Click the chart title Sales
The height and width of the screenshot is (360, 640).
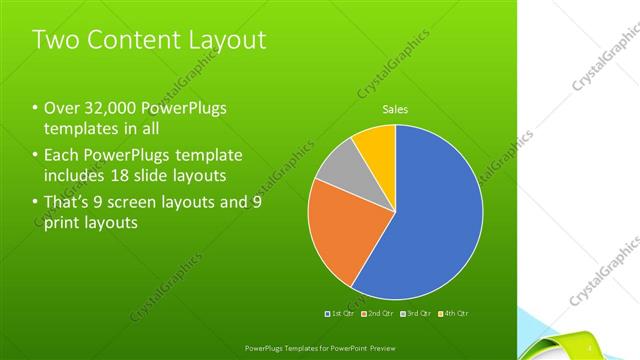(x=395, y=110)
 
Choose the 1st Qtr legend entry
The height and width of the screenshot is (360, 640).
(x=342, y=314)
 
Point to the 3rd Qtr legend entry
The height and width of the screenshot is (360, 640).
(x=414, y=314)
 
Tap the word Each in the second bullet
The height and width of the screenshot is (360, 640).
(x=61, y=156)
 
